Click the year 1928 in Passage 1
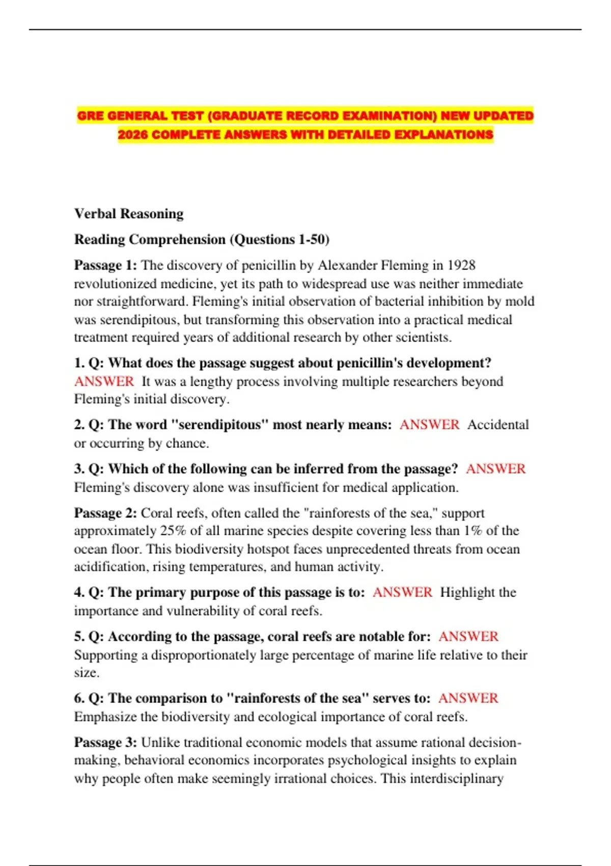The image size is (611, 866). coord(461,265)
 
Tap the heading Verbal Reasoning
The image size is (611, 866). coord(129,213)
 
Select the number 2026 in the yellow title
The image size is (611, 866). coord(133,135)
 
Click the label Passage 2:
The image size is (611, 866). coord(105,513)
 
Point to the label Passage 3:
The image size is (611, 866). coord(105,742)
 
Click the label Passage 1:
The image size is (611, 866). coord(105,265)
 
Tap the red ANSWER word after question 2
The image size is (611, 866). coord(429,425)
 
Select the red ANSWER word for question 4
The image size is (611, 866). coord(402,592)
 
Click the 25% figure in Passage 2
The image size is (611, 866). coord(173,531)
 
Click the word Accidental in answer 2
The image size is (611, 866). coord(498,425)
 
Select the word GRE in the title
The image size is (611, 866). coord(90,116)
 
